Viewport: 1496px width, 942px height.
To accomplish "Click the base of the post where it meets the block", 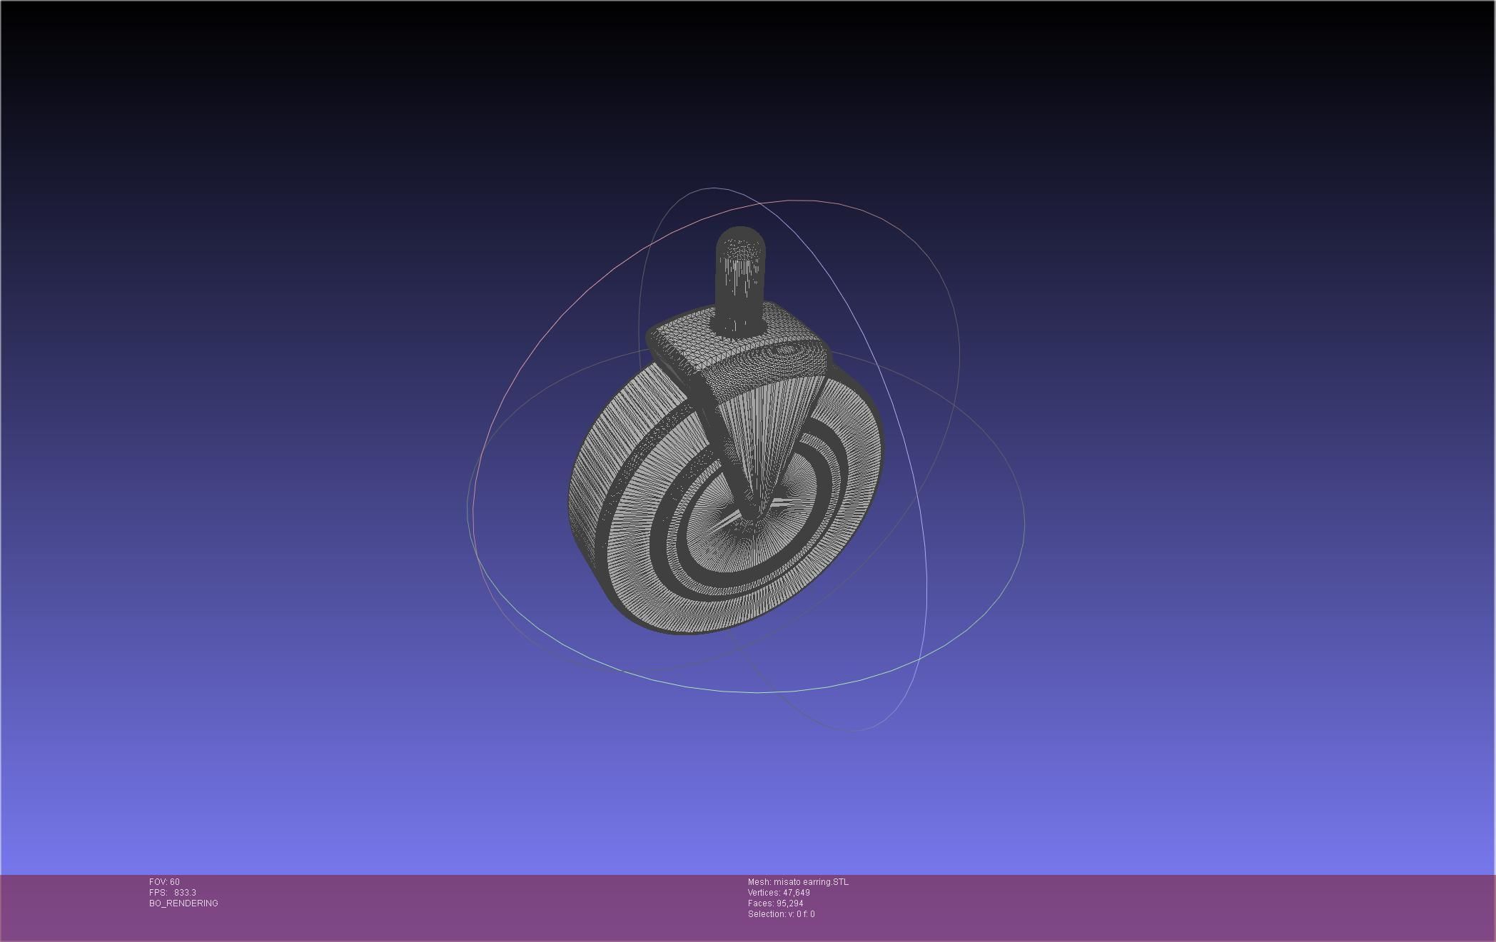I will pos(739,327).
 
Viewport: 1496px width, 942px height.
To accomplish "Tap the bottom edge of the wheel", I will pos(685,631).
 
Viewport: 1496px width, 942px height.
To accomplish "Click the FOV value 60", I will pos(175,882).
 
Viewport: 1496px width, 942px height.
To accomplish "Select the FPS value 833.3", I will pos(185,893).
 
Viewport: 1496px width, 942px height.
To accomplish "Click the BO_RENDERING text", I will pos(183,903).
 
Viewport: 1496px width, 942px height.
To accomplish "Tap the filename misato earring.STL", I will pos(811,882).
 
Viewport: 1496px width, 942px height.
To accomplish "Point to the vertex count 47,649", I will pos(797,893).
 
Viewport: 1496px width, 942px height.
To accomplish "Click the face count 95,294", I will pos(789,903).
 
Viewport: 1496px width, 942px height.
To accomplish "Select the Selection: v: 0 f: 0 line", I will pos(781,914).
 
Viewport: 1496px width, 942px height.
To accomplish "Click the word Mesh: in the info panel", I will pos(759,882).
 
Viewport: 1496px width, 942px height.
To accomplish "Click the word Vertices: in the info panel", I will pos(764,893).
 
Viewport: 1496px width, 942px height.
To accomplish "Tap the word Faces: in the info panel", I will pos(761,903).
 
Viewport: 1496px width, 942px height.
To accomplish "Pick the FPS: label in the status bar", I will pos(158,893).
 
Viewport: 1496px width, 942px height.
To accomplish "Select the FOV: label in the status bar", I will pos(158,882).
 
